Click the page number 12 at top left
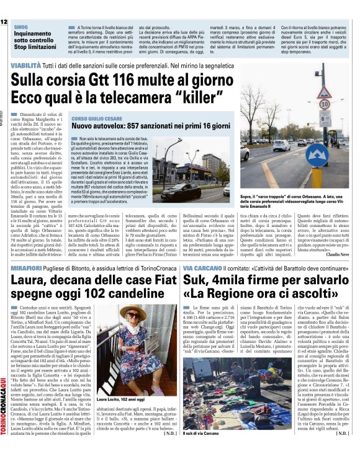pos(4,22)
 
